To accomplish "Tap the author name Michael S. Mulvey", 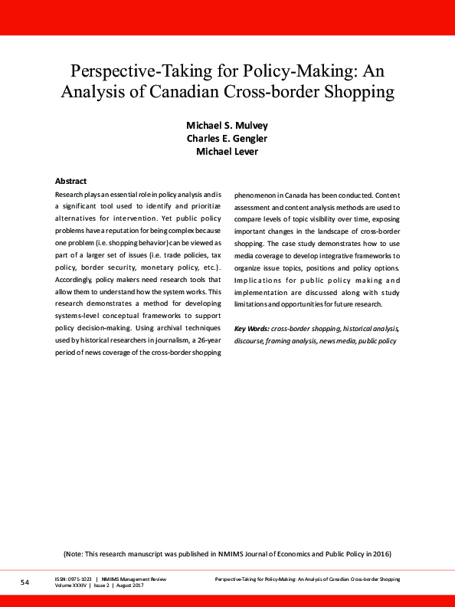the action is coord(227,125).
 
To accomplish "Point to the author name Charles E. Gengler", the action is coord(227,138).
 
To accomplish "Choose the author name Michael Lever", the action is coord(227,151).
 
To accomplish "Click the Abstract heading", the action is coord(70,181).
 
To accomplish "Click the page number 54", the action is coord(25,583).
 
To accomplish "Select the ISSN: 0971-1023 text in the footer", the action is coord(74,579).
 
